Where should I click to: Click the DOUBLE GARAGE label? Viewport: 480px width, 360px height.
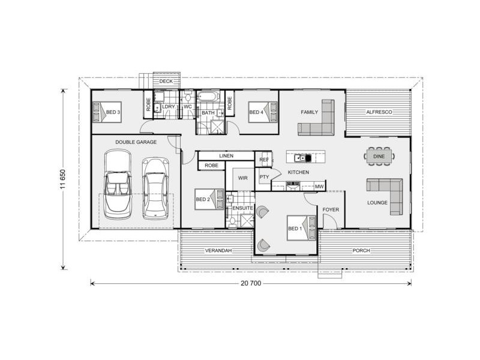pos(136,142)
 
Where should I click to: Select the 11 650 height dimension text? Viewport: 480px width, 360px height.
pos(63,178)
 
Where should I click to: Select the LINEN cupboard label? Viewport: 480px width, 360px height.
pos(226,156)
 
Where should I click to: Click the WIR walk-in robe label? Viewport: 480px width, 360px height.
pos(243,178)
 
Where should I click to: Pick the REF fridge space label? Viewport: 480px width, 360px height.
pos(263,160)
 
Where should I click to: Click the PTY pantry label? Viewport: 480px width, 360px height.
pos(264,177)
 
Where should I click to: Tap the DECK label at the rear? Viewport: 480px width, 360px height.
pos(166,81)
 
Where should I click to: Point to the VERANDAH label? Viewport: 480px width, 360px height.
pos(218,250)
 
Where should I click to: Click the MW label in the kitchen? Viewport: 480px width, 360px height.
pos(320,187)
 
